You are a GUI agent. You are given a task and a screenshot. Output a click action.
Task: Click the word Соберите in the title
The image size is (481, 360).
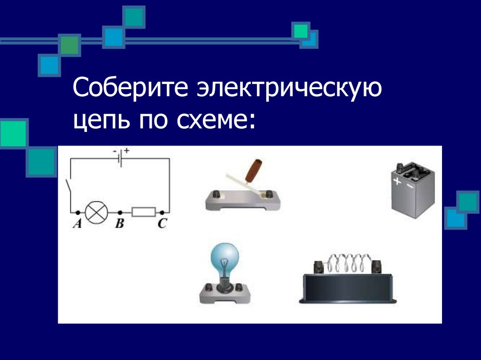130,88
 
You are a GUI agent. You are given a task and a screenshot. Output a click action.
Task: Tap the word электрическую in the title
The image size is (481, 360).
289,89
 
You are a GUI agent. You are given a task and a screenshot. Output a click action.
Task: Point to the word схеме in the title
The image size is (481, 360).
212,120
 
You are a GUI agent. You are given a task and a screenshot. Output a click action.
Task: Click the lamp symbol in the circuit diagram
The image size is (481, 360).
97,212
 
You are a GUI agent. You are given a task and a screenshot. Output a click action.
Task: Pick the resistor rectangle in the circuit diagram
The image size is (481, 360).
144,212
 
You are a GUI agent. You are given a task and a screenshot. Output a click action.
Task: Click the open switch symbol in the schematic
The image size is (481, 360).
69,186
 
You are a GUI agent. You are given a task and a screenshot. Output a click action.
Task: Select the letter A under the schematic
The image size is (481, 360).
78,223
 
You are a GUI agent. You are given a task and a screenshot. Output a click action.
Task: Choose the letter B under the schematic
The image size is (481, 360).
120,223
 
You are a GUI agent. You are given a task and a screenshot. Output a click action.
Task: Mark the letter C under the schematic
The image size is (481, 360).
162,223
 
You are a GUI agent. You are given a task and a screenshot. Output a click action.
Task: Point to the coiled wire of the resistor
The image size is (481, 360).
348,263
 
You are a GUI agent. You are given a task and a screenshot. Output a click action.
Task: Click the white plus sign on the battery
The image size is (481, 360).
397,181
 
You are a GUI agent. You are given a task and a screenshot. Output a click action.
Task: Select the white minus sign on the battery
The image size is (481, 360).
409,186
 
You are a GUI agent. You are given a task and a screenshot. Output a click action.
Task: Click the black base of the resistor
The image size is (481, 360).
348,288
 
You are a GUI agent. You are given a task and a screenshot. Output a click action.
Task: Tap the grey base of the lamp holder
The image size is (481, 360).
225,295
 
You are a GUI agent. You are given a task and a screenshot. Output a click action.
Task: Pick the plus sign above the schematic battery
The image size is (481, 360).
127,151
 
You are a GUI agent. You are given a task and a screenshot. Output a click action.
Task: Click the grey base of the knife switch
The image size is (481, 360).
243,201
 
